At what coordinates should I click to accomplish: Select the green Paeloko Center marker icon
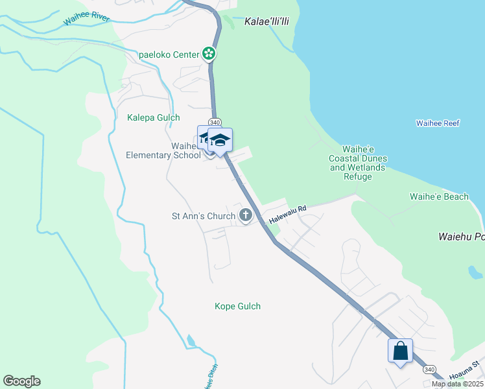tap(209, 54)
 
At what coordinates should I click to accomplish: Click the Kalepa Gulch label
tap(154, 117)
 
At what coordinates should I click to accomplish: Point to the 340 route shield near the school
tap(215, 122)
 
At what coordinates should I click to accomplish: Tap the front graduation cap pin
tap(220, 141)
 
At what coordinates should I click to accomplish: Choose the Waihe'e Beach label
tap(439, 196)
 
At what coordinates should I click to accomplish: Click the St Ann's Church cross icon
tap(245, 215)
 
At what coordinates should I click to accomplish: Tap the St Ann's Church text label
tap(203, 216)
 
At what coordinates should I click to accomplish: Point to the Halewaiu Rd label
tap(287, 215)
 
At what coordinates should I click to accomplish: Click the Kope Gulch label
tap(237, 306)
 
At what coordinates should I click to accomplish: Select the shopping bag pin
tap(401, 351)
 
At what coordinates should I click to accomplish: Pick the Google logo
tap(21, 381)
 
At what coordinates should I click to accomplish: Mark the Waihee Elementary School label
tap(164, 150)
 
